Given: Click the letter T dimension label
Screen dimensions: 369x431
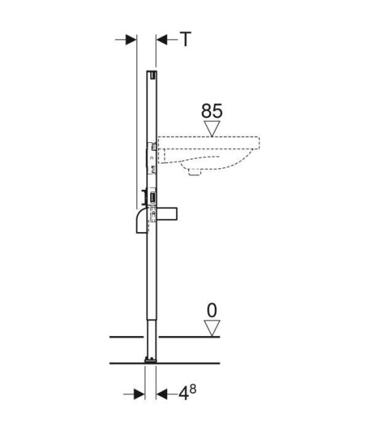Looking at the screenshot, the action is pyautogui.click(x=186, y=40).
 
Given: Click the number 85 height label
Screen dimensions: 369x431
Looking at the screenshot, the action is pyautogui.click(x=212, y=111).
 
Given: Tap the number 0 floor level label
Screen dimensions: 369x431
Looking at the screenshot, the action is pyautogui.click(x=212, y=310).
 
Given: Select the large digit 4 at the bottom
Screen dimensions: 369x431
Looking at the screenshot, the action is pyautogui.click(x=184, y=394).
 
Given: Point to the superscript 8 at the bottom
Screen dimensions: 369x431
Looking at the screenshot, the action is pyautogui.click(x=193, y=389).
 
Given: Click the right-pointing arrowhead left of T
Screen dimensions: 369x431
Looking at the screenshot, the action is pyautogui.click(x=131, y=40).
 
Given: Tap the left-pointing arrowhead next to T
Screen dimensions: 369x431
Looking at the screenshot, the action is pyautogui.click(x=162, y=40).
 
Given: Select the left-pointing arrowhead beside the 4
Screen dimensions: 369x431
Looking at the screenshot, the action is pyautogui.click(x=162, y=394).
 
